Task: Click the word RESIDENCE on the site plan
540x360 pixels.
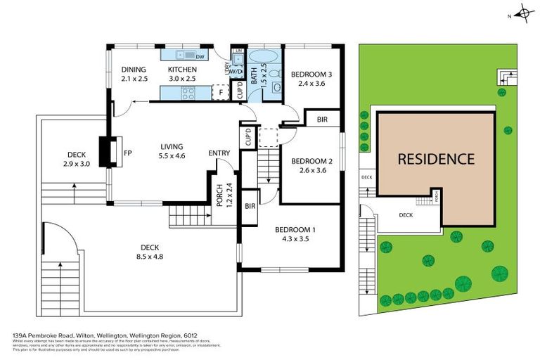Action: pos(436,159)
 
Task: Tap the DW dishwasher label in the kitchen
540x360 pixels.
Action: pos(200,57)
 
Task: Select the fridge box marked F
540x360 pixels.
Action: pos(220,91)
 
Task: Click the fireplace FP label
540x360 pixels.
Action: pos(128,152)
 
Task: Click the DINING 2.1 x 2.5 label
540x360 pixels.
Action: pos(134,74)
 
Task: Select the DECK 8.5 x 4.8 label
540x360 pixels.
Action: pos(149,251)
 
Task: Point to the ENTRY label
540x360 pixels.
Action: pos(219,153)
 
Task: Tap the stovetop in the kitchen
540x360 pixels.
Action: pos(188,93)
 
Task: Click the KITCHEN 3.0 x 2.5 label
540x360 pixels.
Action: pos(181,74)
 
